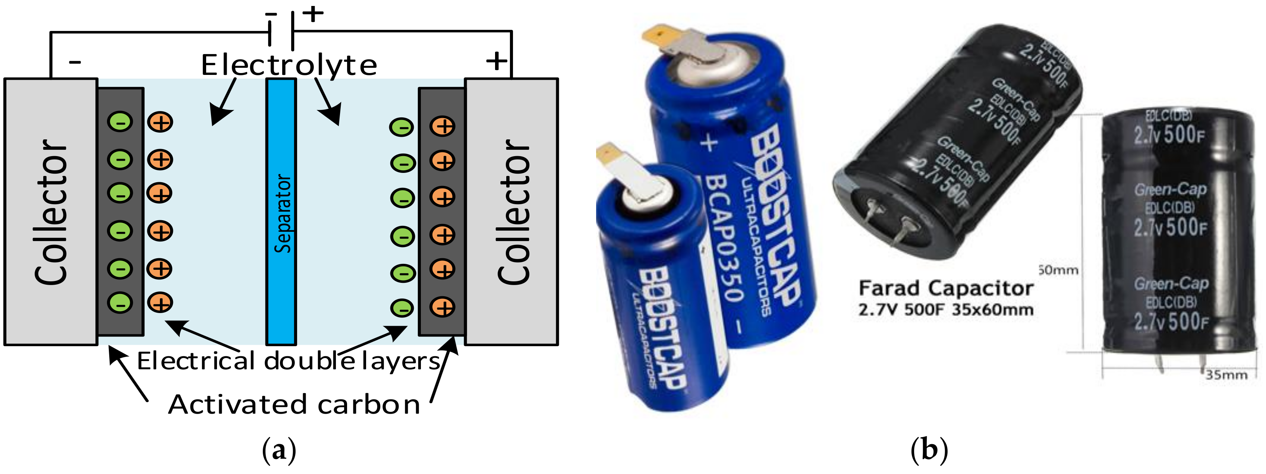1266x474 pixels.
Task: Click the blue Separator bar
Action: click(281, 211)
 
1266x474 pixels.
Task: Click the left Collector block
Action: click(51, 211)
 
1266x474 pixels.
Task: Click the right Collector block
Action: click(511, 211)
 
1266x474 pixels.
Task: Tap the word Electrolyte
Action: click(289, 65)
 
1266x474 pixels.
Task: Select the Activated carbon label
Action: click(294, 404)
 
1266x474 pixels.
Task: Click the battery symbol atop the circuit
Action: click(281, 31)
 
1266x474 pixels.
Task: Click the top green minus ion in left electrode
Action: click(120, 122)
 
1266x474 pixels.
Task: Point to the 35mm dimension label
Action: click(1226, 375)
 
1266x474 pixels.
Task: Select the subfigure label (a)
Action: click(279, 450)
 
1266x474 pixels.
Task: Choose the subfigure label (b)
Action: click(929, 450)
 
